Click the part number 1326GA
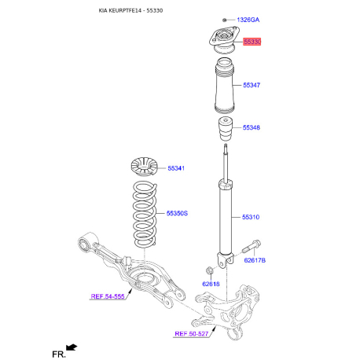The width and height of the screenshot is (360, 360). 248,18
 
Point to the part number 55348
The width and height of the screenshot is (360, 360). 252,127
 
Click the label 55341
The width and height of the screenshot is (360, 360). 177,168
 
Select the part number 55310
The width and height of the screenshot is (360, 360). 252,218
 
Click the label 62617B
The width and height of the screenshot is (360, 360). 255,259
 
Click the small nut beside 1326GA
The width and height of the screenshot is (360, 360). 225,18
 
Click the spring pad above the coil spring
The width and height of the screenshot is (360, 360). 144,169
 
